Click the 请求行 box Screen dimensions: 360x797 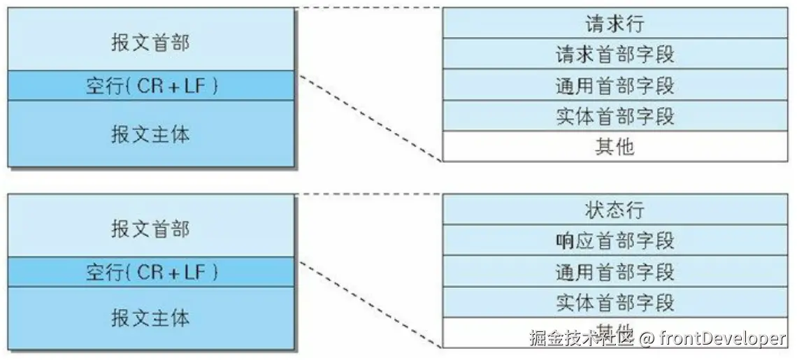point(615,24)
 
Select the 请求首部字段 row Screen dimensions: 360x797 point(615,54)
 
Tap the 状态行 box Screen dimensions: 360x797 point(615,210)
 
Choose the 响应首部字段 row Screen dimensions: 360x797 point(615,240)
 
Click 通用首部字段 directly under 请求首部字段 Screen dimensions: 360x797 point(615,85)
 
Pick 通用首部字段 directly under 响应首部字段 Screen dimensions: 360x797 point(615,271)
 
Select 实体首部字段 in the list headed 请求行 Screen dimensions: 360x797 point(615,116)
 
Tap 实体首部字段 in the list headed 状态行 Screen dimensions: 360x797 point(615,302)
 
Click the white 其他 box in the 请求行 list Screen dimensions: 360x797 point(615,147)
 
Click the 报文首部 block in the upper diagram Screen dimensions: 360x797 point(150,41)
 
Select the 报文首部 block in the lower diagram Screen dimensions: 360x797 point(150,227)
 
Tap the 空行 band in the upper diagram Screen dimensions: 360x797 point(150,85)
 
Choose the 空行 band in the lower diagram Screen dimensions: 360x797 point(150,271)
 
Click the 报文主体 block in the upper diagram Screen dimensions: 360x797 point(150,134)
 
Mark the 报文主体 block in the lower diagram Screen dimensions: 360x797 point(150,318)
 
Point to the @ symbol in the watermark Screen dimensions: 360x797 point(646,339)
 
